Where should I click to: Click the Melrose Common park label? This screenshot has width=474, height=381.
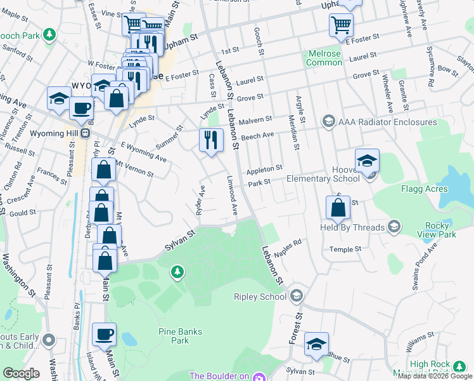click(x=324, y=58)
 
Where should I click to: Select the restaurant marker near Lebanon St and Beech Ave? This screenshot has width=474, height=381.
click(x=211, y=140)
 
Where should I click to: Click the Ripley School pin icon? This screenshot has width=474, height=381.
click(x=296, y=297)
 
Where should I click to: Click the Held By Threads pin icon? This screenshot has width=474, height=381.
click(x=394, y=227)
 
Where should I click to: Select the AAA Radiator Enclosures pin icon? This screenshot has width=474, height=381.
click(x=328, y=121)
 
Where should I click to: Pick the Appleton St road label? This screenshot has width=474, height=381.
click(x=264, y=170)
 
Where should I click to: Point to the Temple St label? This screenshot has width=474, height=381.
click(x=345, y=250)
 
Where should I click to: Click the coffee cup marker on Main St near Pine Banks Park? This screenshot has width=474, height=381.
click(x=105, y=333)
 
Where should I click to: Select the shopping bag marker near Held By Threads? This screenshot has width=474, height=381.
click(x=338, y=207)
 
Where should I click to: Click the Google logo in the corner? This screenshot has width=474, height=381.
click(x=21, y=373)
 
